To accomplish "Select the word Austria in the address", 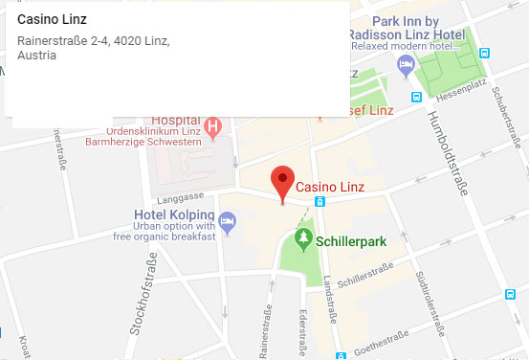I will (x=36, y=56).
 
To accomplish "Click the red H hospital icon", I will (x=213, y=124).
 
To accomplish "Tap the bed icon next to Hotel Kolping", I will (x=228, y=222).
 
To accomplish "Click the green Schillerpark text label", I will (x=352, y=241).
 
